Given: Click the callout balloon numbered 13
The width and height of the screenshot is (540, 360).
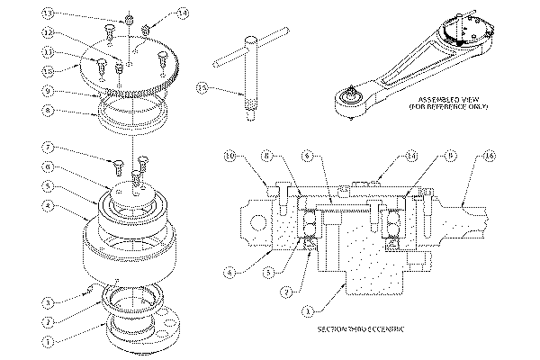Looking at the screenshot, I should pyautogui.click(x=49, y=13).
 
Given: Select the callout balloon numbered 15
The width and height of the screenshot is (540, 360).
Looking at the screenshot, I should pyautogui.click(x=202, y=89).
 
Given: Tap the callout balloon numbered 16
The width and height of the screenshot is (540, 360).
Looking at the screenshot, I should pyautogui.click(x=489, y=155).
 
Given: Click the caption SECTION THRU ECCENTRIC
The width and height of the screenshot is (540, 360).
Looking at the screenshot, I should pyautogui.click(x=360, y=330).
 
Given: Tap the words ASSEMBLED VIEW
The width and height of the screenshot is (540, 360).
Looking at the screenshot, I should pyautogui.click(x=441, y=98).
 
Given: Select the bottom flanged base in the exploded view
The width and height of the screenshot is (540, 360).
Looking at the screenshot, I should pyautogui.click(x=135, y=333).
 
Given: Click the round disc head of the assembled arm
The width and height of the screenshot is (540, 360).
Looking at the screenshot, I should pyautogui.click(x=463, y=36).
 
